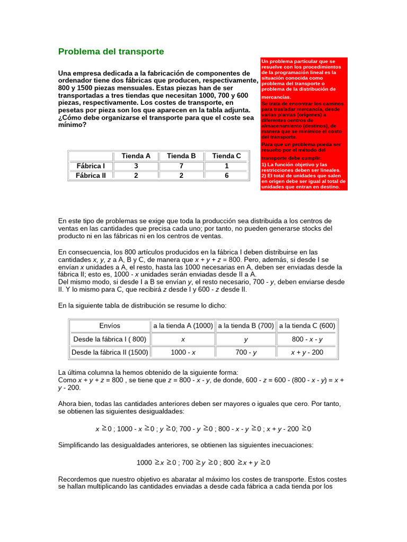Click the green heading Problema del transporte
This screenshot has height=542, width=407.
click(111, 52)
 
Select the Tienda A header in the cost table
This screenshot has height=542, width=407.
click(136, 156)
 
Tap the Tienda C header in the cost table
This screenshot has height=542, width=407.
click(226, 156)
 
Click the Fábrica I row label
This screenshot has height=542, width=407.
click(91, 166)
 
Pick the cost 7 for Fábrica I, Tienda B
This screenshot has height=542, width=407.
click(181, 166)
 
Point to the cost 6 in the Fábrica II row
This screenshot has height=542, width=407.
click(226, 175)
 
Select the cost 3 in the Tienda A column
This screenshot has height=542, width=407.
click(136, 166)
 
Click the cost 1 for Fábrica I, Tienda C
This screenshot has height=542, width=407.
click(226, 166)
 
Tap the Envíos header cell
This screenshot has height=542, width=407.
click(110, 326)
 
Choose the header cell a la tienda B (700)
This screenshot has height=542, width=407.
click(245, 326)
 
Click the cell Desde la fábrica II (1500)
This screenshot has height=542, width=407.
click(110, 352)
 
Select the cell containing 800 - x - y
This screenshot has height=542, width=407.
click(307, 339)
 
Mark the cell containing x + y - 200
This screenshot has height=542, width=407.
click(307, 352)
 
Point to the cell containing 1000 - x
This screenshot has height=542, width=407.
click(183, 352)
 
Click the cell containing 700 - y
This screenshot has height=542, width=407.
click(245, 352)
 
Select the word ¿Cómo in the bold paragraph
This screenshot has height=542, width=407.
click(70, 118)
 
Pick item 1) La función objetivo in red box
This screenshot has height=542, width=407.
click(295, 165)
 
